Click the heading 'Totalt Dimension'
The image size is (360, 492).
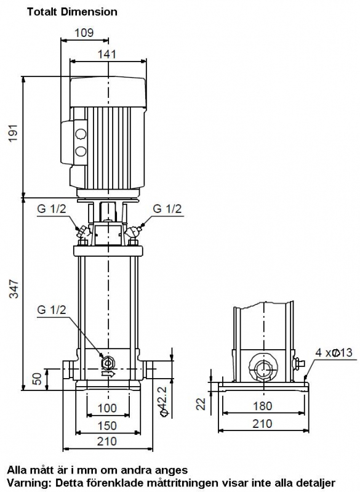(x=72, y=12)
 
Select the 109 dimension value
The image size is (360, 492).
(x=84, y=33)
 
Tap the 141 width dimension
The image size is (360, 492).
(x=106, y=54)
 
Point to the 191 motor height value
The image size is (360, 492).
(x=13, y=134)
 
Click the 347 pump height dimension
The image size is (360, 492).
(x=14, y=289)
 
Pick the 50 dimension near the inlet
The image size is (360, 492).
(x=37, y=379)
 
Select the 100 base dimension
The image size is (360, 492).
(x=107, y=408)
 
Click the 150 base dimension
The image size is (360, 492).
(x=107, y=425)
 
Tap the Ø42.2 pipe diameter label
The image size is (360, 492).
(x=165, y=401)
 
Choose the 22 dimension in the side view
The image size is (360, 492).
(x=201, y=403)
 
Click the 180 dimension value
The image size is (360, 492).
(x=262, y=406)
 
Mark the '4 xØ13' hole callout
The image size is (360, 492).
(x=334, y=352)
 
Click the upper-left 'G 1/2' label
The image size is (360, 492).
(x=52, y=209)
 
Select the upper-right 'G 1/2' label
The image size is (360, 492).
(x=167, y=209)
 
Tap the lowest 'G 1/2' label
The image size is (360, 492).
(x=52, y=310)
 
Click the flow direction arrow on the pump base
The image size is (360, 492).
(x=108, y=374)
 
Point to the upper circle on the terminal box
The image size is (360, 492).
(x=81, y=134)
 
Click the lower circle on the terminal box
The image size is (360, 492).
(x=81, y=151)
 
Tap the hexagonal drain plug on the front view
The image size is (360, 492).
(x=108, y=363)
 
